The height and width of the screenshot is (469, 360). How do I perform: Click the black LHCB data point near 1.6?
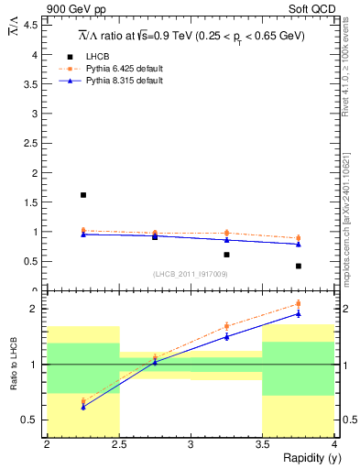point(83,195)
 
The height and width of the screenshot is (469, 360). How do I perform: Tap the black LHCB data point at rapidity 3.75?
point(299,266)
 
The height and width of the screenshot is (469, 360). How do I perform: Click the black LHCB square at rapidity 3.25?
point(226,255)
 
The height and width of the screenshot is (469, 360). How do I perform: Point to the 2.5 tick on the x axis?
point(119,444)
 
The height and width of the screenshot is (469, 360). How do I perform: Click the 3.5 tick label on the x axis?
point(262,444)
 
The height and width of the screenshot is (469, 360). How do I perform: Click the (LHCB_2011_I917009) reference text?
point(191,274)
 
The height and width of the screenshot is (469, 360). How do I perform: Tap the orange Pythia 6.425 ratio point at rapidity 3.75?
point(299,304)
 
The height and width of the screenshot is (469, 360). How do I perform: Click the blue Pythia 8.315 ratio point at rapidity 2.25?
point(83,407)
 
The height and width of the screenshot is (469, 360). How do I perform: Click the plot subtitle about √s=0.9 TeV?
point(191,36)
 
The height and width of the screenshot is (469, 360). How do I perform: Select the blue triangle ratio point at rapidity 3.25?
point(226,336)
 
